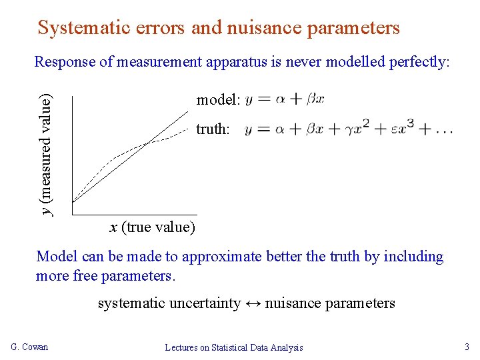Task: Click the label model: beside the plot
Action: (218, 100)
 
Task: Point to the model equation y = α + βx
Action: (285, 99)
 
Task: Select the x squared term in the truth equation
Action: (357, 128)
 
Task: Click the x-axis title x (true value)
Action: (152, 227)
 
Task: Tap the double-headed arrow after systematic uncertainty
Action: (253, 303)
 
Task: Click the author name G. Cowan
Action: (30, 347)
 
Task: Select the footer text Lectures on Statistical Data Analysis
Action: (234, 347)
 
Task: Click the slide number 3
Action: (466, 347)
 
